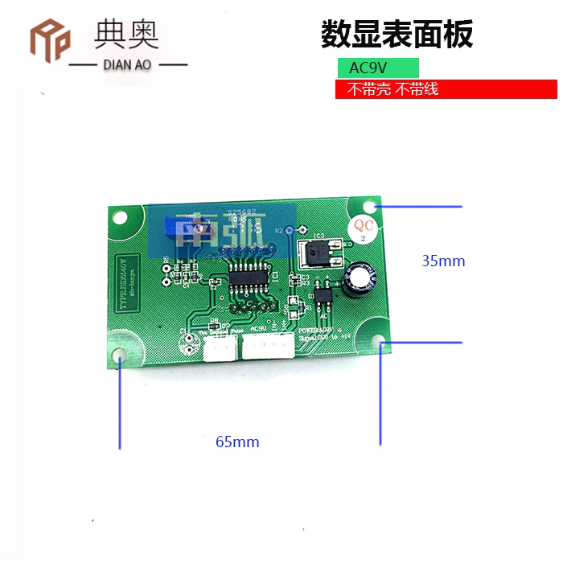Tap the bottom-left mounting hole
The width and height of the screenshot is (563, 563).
[120, 355]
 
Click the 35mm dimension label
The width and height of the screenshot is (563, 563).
[443, 261]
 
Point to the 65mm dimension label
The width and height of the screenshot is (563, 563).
[237, 442]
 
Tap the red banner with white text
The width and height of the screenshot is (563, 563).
[446, 89]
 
